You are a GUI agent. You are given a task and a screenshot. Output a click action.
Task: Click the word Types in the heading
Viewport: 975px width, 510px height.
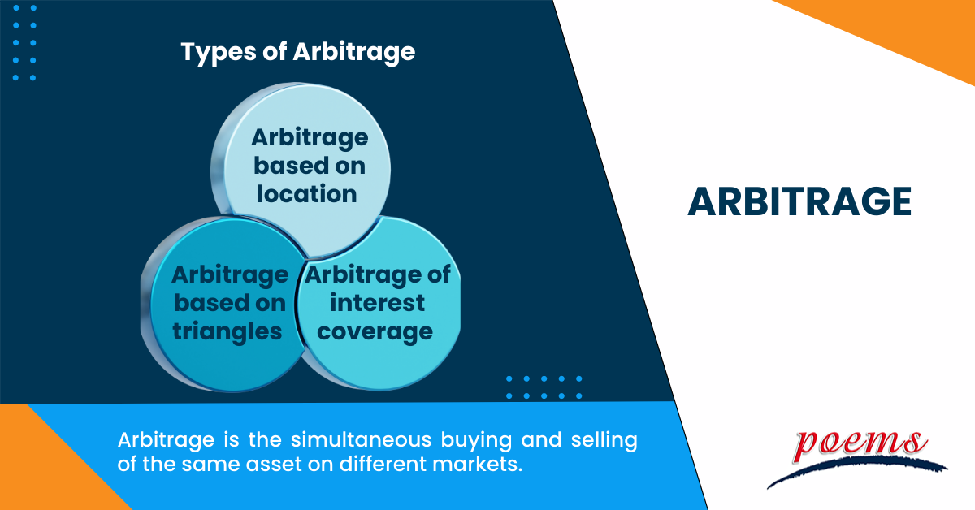click(x=213, y=53)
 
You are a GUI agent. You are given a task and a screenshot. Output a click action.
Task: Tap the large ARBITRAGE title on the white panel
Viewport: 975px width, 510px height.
click(x=799, y=202)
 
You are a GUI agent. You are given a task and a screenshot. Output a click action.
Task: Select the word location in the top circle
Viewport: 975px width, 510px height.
click(x=310, y=194)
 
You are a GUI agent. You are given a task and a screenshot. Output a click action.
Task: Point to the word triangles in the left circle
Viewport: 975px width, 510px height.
click(x=227, y=331)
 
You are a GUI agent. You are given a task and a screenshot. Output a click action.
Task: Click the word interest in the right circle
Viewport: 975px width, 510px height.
click(x=376, y=303)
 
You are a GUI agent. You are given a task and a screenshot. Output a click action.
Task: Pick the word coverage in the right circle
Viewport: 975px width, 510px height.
click(x=376, y=331)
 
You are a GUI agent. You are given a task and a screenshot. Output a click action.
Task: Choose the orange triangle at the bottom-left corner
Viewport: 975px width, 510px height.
click(x=41, y=471)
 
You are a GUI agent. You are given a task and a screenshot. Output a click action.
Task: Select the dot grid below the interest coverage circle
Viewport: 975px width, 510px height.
click(x=544, y=387)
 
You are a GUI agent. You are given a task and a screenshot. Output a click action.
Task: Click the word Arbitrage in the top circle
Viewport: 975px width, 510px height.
click(x=310, y=137)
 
